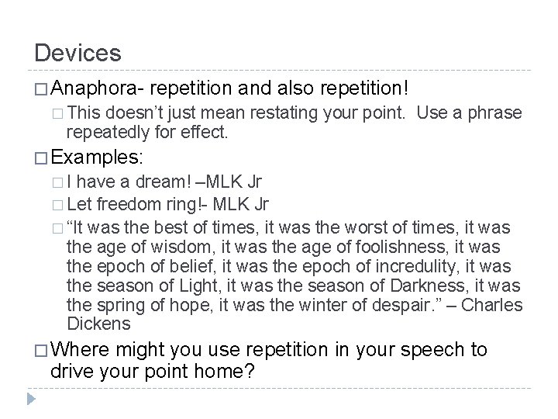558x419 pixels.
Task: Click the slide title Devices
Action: coord(77,53)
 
